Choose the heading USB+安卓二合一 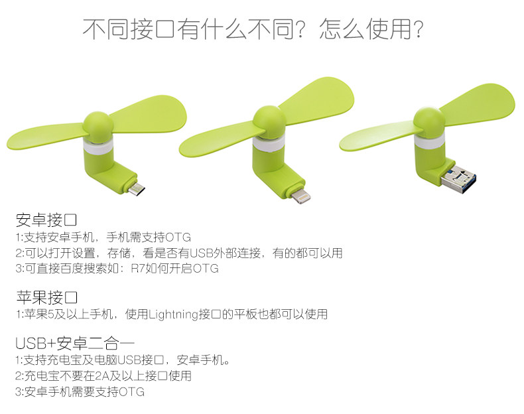[x=75, y=343]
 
